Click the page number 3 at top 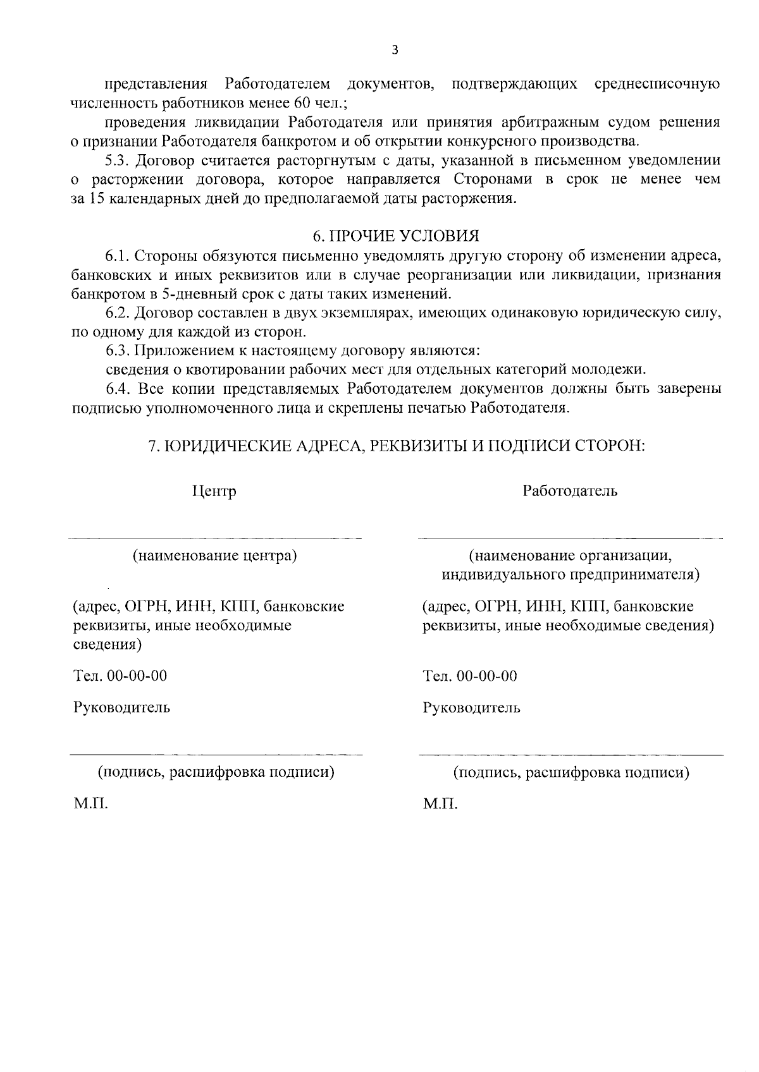[x=395, y=51]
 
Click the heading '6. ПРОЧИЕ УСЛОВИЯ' [x=396, y=236]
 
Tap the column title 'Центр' [x=214, y=491]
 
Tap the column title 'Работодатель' [x=570, y=491]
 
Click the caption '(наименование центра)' [x=214, y=556]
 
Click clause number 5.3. [x=118, y=160]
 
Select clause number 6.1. [x=118, y=256]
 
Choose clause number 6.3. [x=118, y=351]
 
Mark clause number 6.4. [x=118, y=389]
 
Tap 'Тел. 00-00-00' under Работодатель [x=470, y=676]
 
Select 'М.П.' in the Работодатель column [x=440, y=805]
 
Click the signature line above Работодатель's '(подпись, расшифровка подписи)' [x=571, y=755]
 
